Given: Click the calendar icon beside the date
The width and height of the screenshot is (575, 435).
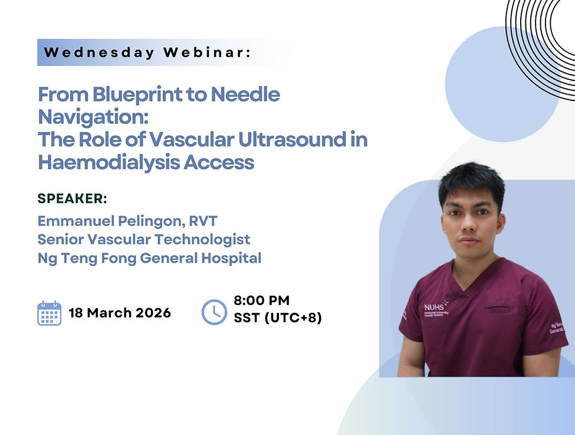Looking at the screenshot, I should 50,313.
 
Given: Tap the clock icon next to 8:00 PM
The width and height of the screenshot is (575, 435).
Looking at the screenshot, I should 214,312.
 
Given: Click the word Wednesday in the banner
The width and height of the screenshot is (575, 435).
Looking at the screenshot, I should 99,52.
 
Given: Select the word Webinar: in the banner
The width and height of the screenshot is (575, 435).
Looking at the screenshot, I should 207,52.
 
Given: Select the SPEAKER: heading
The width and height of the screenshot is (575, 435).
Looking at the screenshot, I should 73,198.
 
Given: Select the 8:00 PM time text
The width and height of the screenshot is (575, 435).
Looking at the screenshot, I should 261,300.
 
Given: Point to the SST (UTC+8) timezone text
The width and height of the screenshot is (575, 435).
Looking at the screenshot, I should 277,318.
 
